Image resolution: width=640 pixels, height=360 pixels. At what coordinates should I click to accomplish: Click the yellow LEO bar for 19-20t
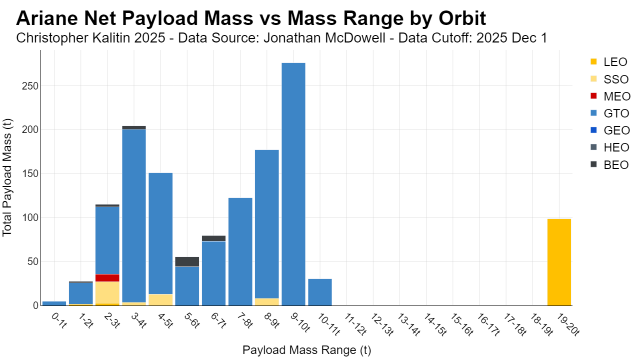pyautogui.click(x=559, y=262)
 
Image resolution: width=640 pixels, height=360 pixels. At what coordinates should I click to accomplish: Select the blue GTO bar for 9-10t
pyautogui.click(x=293, y=184)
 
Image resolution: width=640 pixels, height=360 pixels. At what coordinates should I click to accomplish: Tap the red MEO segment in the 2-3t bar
pyautogui.click(x=107, y=278)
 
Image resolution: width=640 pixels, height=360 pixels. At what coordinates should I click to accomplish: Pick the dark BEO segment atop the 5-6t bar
pyautogui.click(x=187, y=261)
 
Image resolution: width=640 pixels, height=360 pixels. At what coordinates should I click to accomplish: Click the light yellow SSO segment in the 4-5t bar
pyautogui.click(x=160, y=299)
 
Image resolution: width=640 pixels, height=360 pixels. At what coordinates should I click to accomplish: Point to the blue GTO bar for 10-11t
pyautogui.click(x=320, y=292)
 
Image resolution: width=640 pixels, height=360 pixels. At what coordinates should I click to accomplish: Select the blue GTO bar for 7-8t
pyautogui.click(x=240, y=251)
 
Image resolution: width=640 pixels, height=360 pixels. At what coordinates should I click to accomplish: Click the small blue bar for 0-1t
pyautogui.click(x=54, y=303)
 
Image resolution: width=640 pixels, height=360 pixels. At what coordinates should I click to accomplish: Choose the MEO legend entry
pyautogui.click(x=610, y=96)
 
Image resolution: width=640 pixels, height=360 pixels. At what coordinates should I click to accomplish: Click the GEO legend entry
pyautogui.click(x=610, y=130)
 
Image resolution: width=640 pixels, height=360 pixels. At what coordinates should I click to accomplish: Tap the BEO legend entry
pyautogui.click(x=609, y=165)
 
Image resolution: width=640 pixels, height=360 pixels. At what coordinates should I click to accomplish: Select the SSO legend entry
pyautogui.click(x=609, y=79)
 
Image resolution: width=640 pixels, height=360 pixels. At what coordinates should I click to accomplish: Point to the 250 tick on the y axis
pyautogui.click(x=30, y=86)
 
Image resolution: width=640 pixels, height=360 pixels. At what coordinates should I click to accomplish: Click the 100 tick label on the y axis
pyautogui.click(x=30, y=217)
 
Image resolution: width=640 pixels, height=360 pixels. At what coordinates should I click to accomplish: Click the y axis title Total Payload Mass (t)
pyautogui.click(x=7, y=177)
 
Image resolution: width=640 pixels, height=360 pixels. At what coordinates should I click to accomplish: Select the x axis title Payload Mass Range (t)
pyautogui.click(x=307, y=350)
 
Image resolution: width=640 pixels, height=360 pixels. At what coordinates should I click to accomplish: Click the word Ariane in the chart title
pyautogui.click(x=47, y=18)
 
